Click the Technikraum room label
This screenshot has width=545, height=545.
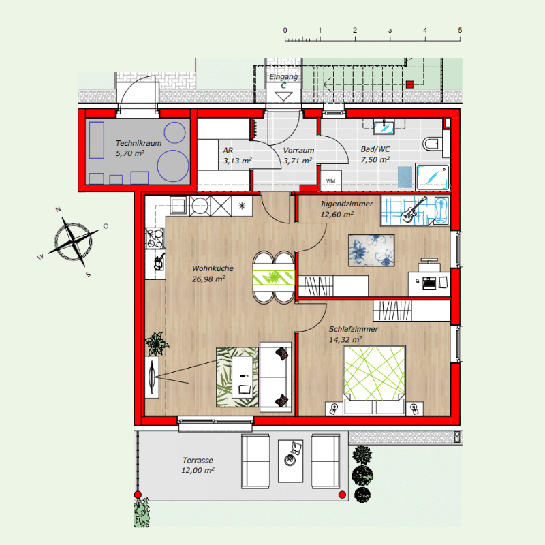(x=138, y=143)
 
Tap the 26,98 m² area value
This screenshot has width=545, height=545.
(x=208, y=279)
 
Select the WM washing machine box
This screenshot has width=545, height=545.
(x=330, y=181)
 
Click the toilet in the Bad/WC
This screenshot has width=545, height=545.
(x=432, y=143)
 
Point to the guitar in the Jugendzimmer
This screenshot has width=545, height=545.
(x=414, y=210)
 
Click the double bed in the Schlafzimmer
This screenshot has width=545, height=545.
(x=374, y=380)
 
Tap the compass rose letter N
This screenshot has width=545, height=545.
(x=58, y=209)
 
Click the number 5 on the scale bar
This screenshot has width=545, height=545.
(x=460, y=30)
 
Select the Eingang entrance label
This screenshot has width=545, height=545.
(x=283, y=76)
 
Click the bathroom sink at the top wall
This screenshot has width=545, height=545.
(x=384, y=127)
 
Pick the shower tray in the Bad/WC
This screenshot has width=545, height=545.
(x=433, y=177)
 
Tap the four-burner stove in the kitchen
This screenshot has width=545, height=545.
(x=155, y=238)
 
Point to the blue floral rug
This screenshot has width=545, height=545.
(x=371, y=250)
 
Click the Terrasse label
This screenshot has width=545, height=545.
(x=198, y=461)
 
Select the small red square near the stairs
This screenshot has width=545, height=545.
(x=410, y=84)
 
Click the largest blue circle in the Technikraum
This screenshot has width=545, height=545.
(x=173, y=166)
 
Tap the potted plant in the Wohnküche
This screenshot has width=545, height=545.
(x=157, y=343)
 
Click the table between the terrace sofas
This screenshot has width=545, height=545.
(x=291, y=461)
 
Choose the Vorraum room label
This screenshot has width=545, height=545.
(x=298, y=150)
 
